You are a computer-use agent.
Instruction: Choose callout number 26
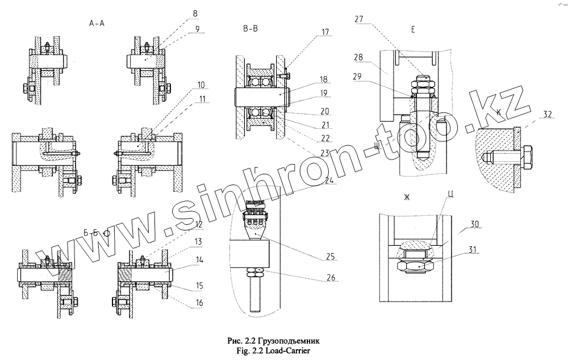pyautogui.click(x=331, y=278)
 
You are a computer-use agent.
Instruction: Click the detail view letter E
pyautogui.click(x=413, y=28)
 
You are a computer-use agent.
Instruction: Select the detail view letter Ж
pyautogui.click(x=407, y=198)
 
